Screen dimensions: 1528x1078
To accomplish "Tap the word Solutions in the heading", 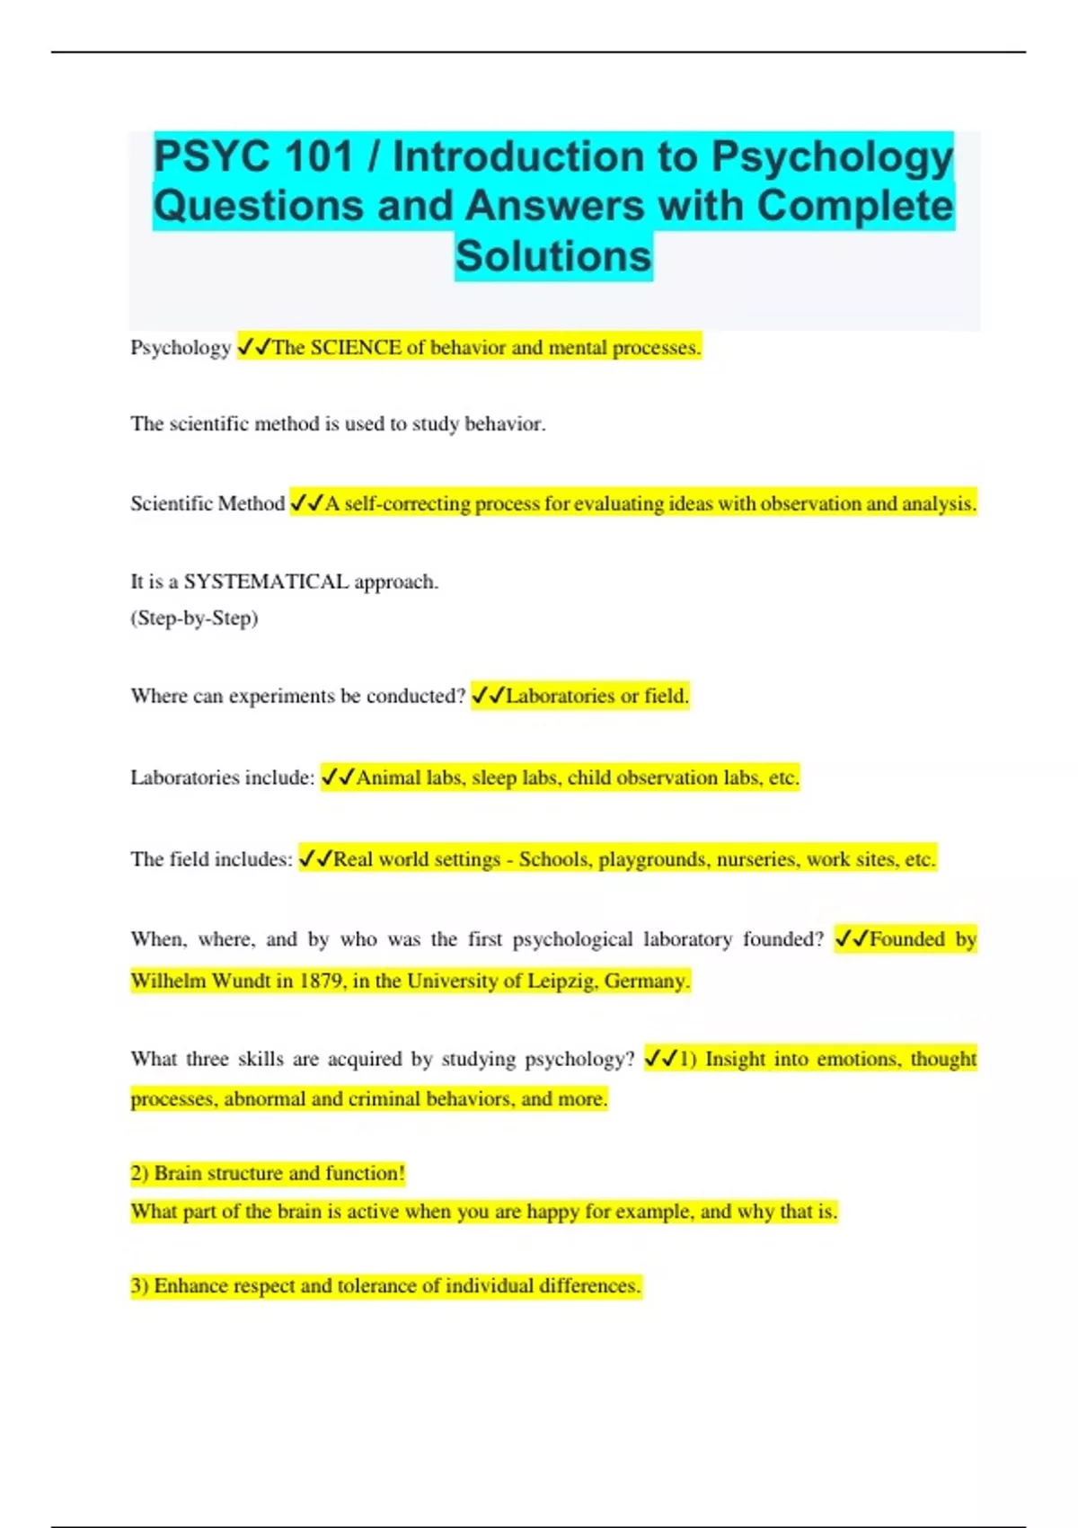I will (x=553, y=256).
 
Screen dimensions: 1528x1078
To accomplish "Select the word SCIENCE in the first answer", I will (x=356, y=348).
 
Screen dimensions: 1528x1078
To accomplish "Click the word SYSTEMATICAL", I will (x=266, y=582).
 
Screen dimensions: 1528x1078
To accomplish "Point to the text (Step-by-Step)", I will (x=194, y=618).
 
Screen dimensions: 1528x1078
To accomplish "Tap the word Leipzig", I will (x=561, y=981).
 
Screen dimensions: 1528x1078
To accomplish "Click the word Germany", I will (x=647, y=981).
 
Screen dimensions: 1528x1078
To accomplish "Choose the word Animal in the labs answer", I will (x=388, y=778).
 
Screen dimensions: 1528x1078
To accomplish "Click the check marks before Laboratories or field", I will (x=488, y=696).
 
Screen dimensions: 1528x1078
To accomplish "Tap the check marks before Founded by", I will (x=852, y=939).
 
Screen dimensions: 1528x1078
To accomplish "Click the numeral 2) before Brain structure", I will (x=139, y=1174).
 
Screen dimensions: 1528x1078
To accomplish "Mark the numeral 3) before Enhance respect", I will (x=139, y=1286).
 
